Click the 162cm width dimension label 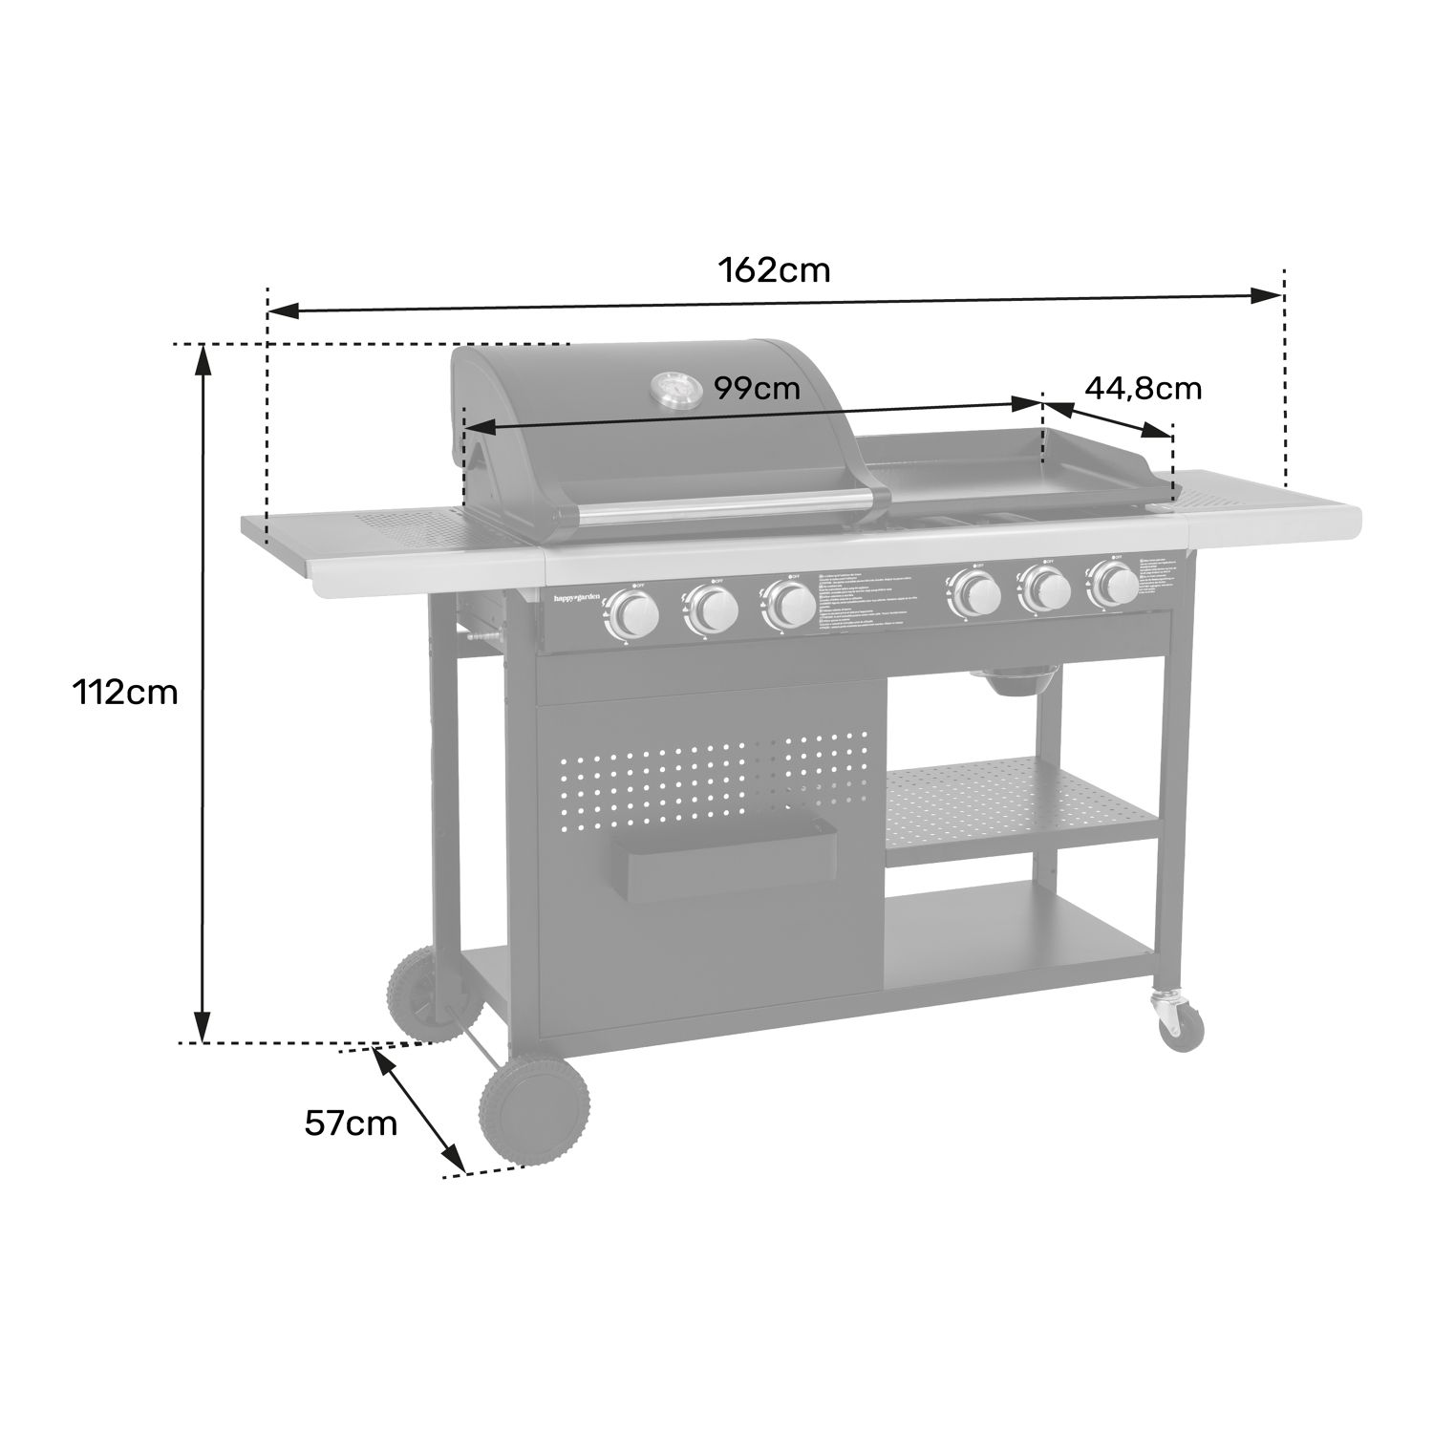point(774,271)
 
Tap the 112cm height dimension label point(126,692)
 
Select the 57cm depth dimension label point(351,1123)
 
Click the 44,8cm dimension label point(1143,388)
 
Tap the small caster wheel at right point(1180,1025)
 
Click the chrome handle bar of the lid point(726,507)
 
